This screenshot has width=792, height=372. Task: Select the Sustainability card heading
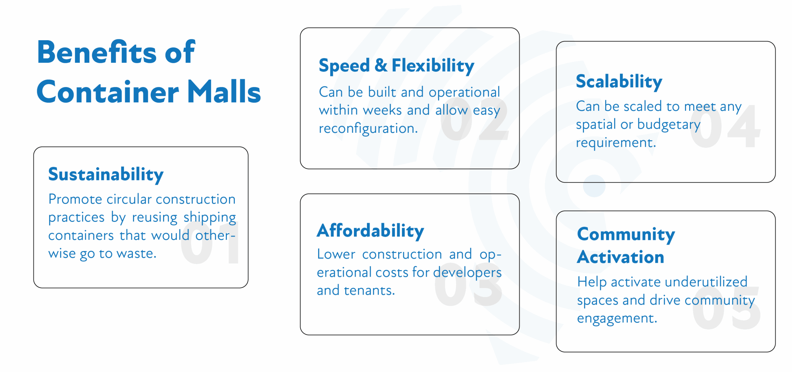tap(106, 175)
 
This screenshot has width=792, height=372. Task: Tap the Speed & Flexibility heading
tap(396, 66)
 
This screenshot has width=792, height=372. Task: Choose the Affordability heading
tap(370, 231)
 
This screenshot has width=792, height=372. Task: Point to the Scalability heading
tap(619, 82)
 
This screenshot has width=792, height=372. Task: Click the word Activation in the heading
tap(621, 257)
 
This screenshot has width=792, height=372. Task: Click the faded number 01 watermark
tap(210, 243)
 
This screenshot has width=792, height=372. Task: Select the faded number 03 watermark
tap(468, 285)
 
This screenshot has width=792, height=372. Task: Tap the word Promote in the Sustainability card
tap(75, 199)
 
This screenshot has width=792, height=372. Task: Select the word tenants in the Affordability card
tap(369, 291)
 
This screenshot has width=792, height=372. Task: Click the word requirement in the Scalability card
tap(616, 143)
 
